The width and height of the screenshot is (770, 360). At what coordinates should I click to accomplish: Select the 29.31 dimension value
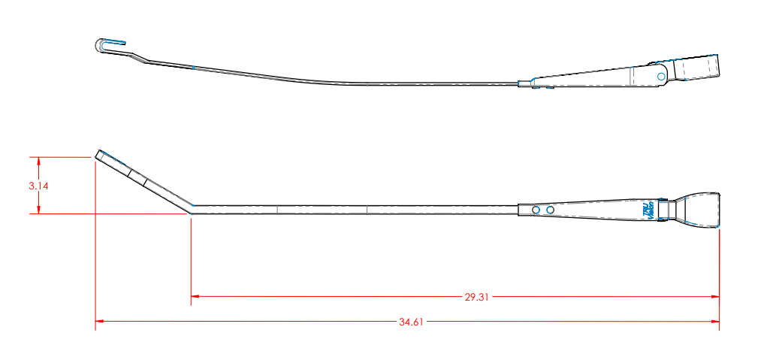[x=476, y=297]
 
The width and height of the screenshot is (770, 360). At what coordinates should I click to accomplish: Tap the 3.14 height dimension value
[x=39, y=186]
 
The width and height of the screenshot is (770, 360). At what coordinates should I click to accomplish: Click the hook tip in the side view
[x=101, y=45]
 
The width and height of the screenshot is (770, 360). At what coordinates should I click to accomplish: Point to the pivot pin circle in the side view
[x=661, y=76]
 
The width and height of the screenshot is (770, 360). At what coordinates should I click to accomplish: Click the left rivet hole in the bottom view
[x=536, y=209]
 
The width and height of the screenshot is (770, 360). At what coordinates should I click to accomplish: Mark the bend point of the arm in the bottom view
[x=192, y=207]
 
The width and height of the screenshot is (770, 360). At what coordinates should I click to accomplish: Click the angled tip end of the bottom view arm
[x=99, y=153]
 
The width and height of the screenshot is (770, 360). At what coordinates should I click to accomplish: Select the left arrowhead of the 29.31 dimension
[x=195, y=296]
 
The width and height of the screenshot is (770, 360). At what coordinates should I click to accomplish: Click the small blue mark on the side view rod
[x=193, y=68]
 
